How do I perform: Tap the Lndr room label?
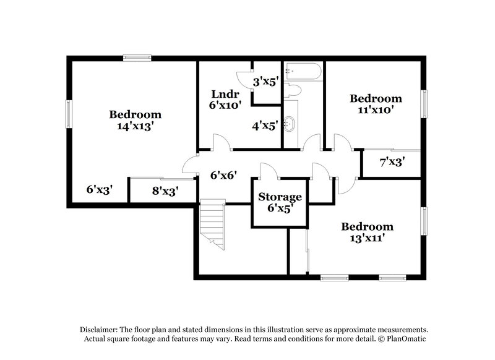pyautogui.click(x=221, y=94)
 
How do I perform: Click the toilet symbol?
pyautogui.click(x=294, y=90)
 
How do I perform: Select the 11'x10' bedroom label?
pyautogui.click(x=376, y=110)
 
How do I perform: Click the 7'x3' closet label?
pyautogui.click(x=392, y=163)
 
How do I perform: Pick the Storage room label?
pyautogui.click(x=280, y=197)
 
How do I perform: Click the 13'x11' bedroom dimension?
pyautogui.click(x=367, y=239)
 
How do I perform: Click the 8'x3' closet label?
pyautogui.click(x=165, y=191)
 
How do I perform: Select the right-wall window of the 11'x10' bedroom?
pyautogui.click(x=424, y=102)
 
